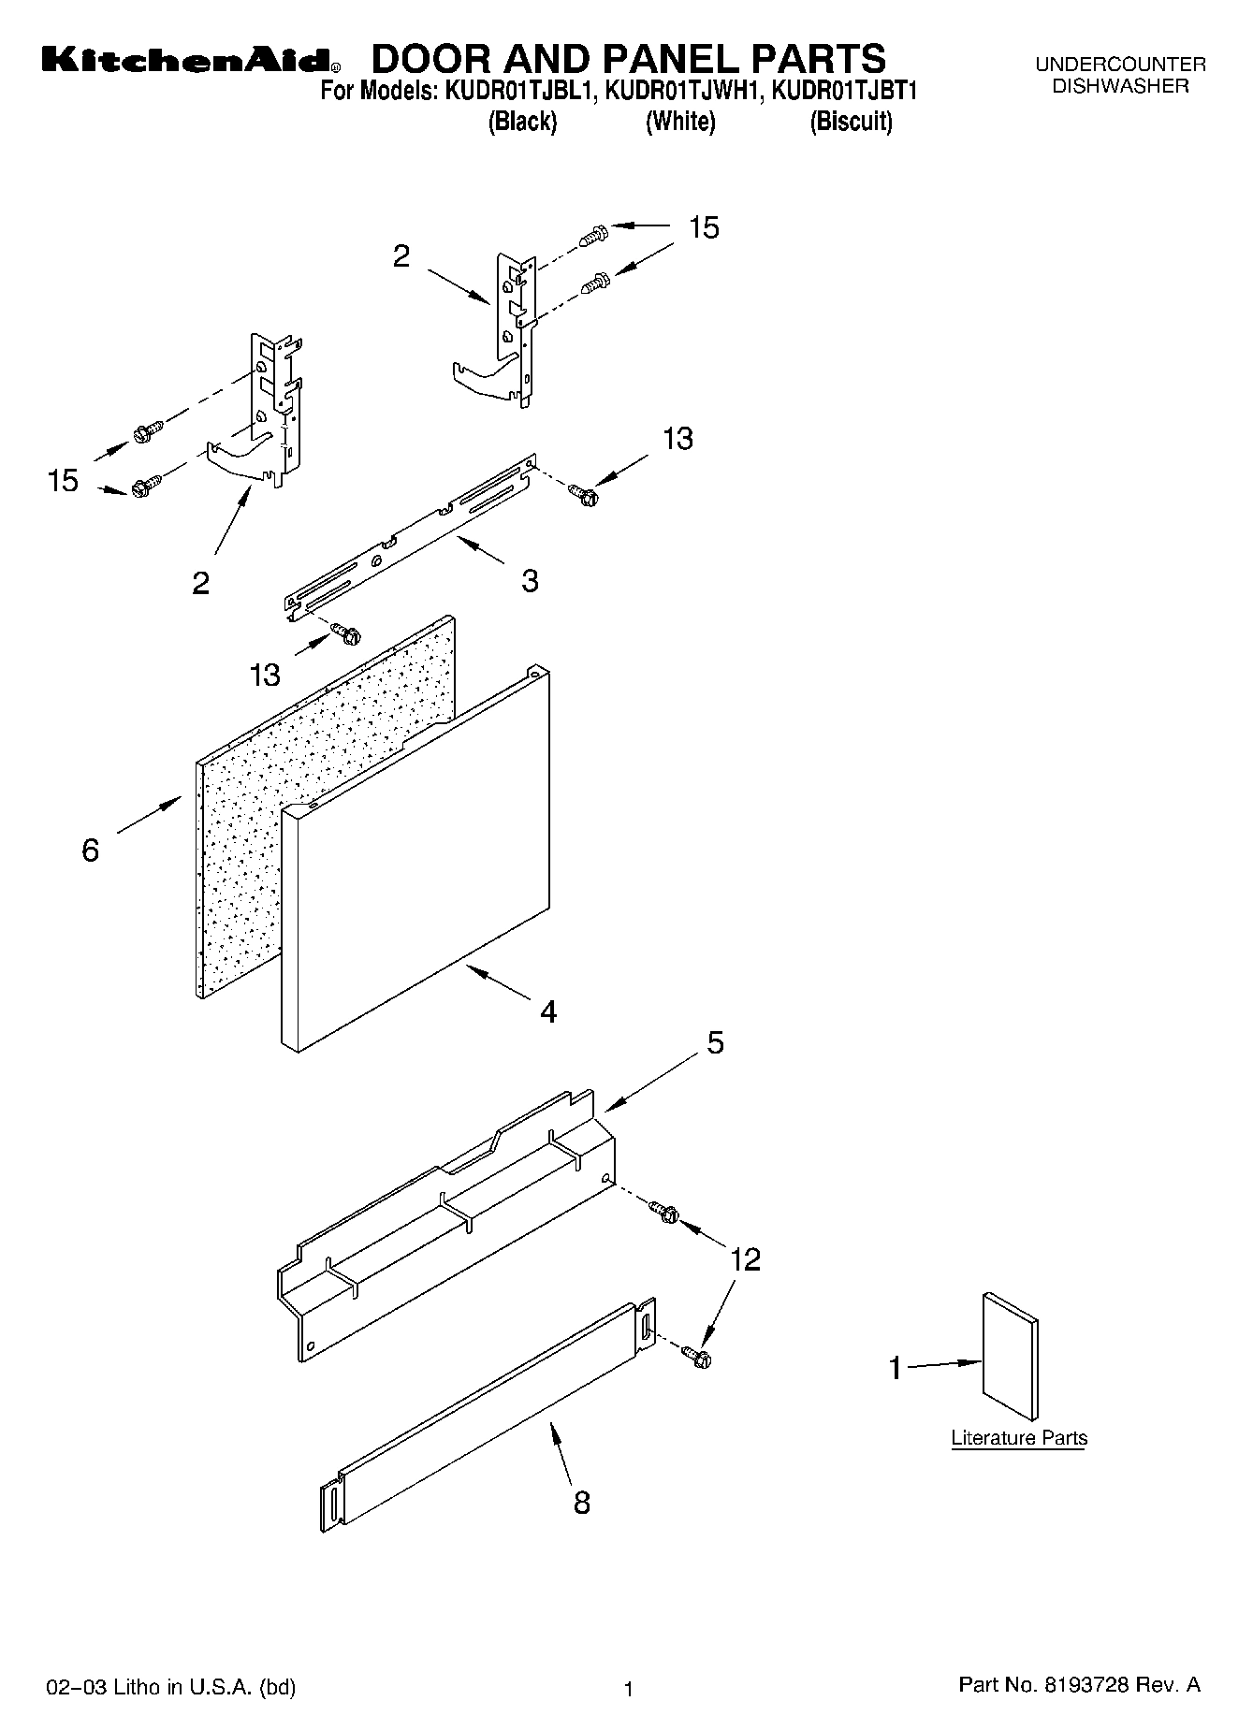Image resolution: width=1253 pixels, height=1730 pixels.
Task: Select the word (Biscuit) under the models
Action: point(851,122)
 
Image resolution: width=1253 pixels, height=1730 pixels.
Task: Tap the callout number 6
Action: point(90,850)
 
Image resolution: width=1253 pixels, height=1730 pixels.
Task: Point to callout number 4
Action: point(548,1010)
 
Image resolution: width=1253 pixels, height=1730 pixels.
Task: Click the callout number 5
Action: point(715,1042)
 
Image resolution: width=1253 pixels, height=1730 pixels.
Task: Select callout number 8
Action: point(581,1502)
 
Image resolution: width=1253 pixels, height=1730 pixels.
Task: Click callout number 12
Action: point(745,1258)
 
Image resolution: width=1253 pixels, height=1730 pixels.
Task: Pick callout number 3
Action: point(530,580)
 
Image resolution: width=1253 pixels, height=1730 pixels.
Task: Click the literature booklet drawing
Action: point(1010,1357)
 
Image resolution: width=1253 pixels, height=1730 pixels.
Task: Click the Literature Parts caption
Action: point(1019,1437)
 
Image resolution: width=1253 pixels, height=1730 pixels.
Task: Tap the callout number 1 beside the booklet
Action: point(895,1369)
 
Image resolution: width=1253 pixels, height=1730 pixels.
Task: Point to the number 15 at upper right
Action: point(704,227)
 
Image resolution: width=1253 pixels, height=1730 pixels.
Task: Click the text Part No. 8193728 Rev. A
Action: point(1079,1684)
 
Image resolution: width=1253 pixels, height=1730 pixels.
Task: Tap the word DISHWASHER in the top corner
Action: point(1120,86)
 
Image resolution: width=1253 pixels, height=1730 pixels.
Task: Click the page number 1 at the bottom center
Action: point(629,1689)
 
